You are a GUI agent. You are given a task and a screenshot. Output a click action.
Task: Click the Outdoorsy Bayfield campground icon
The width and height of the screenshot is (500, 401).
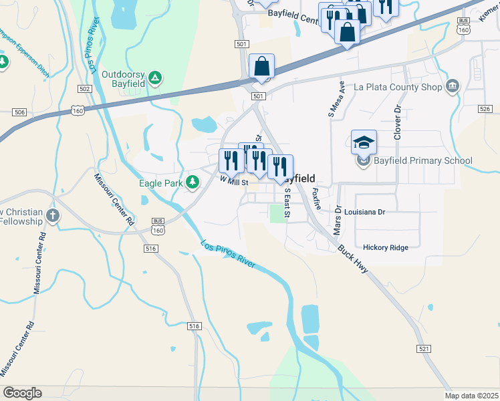tap(154, 78)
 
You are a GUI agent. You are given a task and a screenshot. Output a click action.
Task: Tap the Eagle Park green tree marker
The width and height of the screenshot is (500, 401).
tap(193, 182)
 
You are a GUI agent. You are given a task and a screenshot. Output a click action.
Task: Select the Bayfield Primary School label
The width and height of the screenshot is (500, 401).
tap(424, 160)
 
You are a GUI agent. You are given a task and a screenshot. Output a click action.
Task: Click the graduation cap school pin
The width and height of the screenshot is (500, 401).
tap(364, 142)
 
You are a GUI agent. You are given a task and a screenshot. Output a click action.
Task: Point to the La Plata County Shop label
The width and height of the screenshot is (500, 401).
tap(398, 87)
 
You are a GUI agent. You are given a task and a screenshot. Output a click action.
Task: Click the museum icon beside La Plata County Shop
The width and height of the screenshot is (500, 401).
tap(453, 86)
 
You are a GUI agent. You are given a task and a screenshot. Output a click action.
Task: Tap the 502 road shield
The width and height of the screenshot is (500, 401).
tap(84, 89)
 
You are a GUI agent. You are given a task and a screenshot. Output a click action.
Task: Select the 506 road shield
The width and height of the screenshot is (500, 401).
tap(19, 112)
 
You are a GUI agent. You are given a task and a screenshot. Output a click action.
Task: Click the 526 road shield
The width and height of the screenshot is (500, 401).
tap(485, 108)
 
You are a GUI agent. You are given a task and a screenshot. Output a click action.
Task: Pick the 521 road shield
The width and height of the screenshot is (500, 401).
tap(423, 349)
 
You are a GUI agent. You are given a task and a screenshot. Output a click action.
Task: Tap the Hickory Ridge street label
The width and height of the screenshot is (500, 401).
tap(386, 248)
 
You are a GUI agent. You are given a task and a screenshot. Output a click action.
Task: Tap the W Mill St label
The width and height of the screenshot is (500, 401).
tap(234, 181)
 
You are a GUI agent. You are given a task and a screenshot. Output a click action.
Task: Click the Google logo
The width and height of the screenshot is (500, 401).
tap(22, 393)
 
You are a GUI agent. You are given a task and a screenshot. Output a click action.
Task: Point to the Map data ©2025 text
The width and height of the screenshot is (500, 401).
tap(472, 396)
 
